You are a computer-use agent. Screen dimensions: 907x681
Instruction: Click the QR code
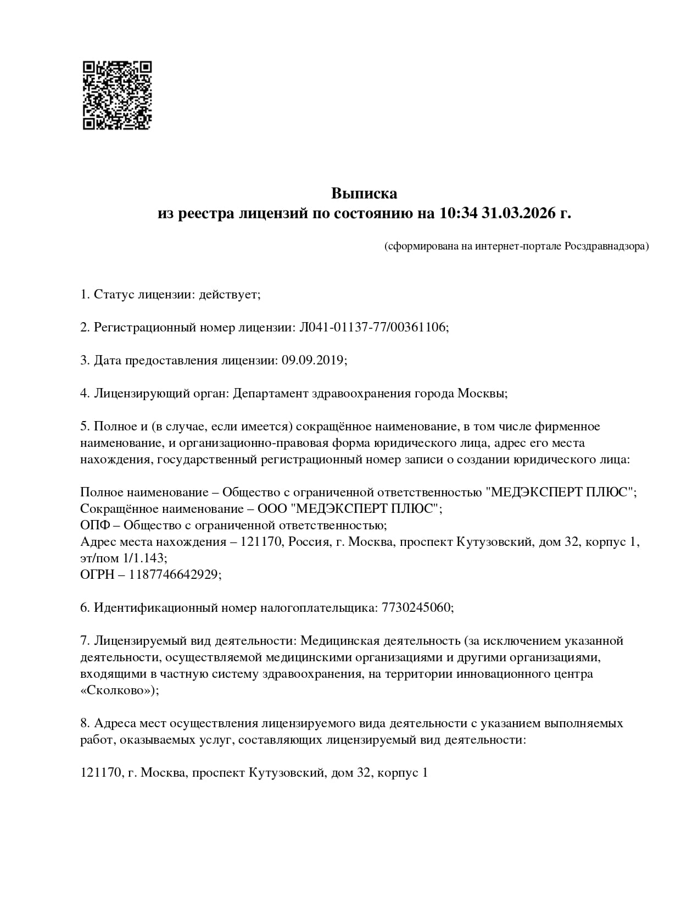click(x=117, y=95)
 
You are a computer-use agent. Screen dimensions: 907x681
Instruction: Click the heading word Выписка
click(x=364, y=193)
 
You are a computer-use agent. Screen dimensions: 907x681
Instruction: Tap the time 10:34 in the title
click(x=459, y=213)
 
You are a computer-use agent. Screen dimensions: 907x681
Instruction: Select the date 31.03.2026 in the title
click(x=518, y=213)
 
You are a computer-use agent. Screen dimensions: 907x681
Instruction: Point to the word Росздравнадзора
click(x=606, y=246)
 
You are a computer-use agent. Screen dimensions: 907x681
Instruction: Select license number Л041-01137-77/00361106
click(x=373, y=328)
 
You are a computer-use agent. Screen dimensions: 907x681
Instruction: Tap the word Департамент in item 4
click(x=271, y=394)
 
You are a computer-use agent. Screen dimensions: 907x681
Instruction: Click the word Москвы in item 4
click(x=482, y=394)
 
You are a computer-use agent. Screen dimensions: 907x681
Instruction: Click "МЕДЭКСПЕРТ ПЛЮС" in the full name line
click(x=560, y=493)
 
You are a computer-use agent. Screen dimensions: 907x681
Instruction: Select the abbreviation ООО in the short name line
click(x=272, y=509)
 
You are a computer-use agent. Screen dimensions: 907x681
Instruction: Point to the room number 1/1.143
click(x=145, y=558)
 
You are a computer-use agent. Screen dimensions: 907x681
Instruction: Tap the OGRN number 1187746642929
click(x=175, y=575)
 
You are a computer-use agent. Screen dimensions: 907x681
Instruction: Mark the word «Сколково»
click(x=118, y=690)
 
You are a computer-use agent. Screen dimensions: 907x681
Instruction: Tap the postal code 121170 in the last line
click(x=101, y=773)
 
